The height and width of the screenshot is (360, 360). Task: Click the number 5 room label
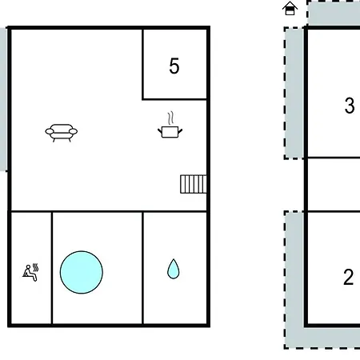(x=174, y=66)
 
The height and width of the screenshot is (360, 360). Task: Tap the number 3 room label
(x=350, y=106)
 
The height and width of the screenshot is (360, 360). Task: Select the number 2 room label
(x=349, y=278)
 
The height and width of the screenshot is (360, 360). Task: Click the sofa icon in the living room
(x=62, y=133)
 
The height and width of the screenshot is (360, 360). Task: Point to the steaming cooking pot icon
(x=170, y=125)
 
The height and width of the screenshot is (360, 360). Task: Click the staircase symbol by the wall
(x=194, y=184)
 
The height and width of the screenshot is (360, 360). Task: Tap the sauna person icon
(x=30, y=273)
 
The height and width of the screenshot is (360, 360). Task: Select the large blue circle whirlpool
(x=82, y=272)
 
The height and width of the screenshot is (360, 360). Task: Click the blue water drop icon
(x=174, y=269)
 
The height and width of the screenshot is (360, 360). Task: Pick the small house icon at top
(x=290, y=8)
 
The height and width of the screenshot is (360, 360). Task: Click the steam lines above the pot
(x=171, y=118)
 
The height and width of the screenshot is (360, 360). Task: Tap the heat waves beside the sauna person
(x=36, y=267)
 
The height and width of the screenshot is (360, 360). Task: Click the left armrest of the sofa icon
(x=50, y=131)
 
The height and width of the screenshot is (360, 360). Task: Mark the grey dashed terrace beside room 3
(x=294, y=93)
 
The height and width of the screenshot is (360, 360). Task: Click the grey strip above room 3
(x=334, y=13)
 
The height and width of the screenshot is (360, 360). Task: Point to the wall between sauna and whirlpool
(x=52, y=268)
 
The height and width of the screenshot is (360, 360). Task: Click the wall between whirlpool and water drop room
(x=142, y=268)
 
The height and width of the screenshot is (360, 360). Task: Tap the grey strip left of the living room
(x=3, y=99)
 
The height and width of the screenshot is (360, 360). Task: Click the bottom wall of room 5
(x=174, y=99)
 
